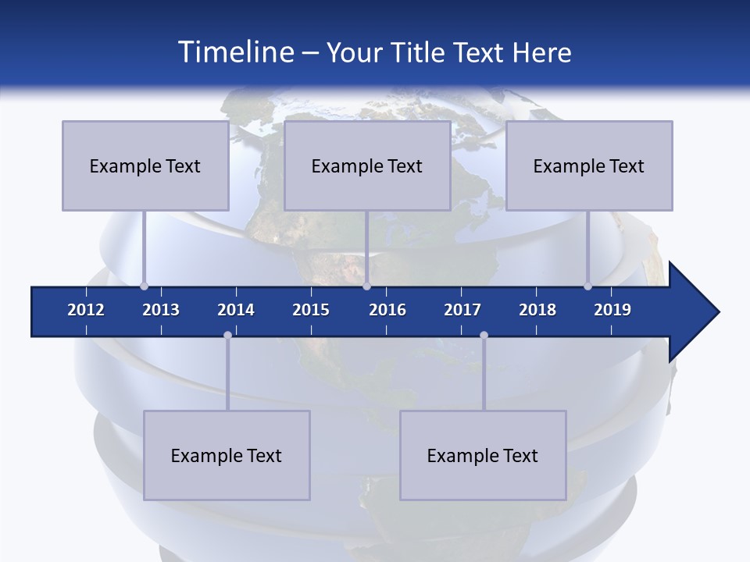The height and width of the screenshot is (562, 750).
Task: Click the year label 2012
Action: click(86, 310)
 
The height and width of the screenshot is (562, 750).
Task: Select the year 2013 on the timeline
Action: click(161, 310)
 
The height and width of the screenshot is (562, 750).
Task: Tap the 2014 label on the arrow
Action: click(236, 310)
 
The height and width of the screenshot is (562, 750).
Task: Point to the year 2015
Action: click(311, 310)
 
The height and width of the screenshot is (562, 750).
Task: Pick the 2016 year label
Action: click(387, 310)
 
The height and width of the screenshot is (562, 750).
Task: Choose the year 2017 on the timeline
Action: click(462, 310)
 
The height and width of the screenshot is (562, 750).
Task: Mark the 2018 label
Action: click(537, 310)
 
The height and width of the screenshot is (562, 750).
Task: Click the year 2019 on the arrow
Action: click(612, 310)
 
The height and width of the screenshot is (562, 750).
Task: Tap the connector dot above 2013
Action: click(144, 286)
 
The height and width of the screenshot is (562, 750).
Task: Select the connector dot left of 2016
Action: click(366, 286)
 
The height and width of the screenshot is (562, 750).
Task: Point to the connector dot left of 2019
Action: click(587, 286)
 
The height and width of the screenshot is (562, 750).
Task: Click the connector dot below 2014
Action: click(227, 335)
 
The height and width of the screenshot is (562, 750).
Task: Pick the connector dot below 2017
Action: click(484, 335)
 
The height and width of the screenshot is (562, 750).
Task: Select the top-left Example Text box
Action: click(145, 165)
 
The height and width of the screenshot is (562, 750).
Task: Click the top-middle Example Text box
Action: click(367, 165)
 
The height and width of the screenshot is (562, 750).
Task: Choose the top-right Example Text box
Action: click(589, 165)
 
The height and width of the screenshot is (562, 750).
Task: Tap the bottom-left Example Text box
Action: click(227, 455)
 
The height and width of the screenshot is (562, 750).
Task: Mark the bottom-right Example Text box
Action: click(483, 455)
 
